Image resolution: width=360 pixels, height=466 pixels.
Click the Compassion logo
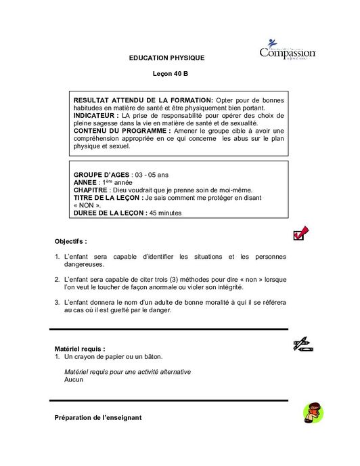click(287, 51)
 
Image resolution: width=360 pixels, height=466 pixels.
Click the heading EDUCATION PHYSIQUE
click(166, 58)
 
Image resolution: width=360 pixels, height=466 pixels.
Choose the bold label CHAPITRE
click(91, 190)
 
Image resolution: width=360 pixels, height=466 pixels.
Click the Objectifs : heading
click(70, 241)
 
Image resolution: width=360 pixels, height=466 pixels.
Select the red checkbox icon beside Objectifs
click(301, 234)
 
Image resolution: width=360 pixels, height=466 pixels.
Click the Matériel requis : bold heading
click(80, 348)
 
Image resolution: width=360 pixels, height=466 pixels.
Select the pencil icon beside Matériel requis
click(302, 345)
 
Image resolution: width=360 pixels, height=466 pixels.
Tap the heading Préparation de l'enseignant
click(98, 417)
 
